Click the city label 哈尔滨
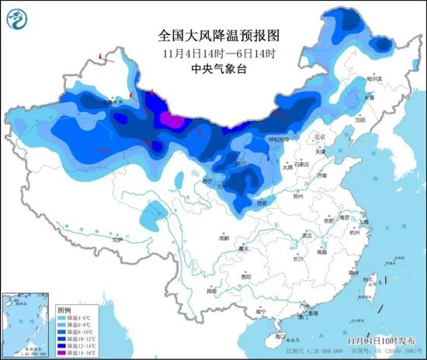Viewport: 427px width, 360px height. (x=375, y=79)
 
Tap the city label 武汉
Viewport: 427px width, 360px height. (x=306, y=234)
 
